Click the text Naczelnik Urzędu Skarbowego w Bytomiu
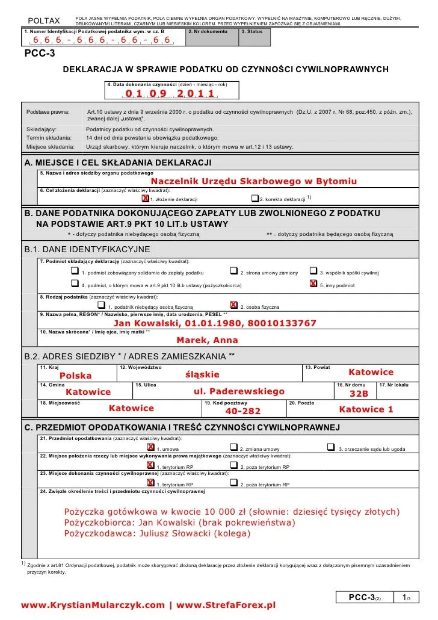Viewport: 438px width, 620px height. pyautogui.click(x=253, y=181)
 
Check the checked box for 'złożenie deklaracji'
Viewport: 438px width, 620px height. pyautogui.click(x=145, y=199)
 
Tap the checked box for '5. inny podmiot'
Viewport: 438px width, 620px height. pyautogui.click(x=313, y=284)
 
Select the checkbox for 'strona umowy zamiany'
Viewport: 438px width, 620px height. pyautogui.click(x=234, y=272)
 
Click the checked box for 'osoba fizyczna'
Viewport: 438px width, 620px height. pyautogui.click(x=233, y=306)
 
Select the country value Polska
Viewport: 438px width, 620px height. pyautogui.click(x=76, y=376)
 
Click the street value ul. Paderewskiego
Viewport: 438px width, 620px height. pyautogui.click(x=239, y=391)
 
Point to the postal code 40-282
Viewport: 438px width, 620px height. pyautogui.click(x=242, y=411)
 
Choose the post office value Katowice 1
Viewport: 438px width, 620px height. pyautogui.click(x=366, y=409)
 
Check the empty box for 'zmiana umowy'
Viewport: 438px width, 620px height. pyautogui.click(x=233, y=448)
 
